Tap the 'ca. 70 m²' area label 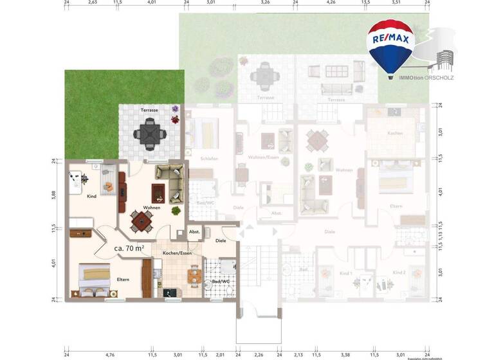click(129, 248)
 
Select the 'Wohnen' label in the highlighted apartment click(152, 208)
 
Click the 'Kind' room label click(91, 196)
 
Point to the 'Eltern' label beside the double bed click(123, 280)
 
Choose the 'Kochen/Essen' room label click(176, 253)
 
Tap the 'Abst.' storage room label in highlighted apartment click(194, 231)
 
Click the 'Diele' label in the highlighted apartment click(221, 241)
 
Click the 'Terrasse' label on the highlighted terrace click(149, 111)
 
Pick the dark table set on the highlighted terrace click(150, 135)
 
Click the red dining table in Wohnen click(141, 222)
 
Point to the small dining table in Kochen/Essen click(193, 276)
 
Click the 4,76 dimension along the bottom click(109, 354)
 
